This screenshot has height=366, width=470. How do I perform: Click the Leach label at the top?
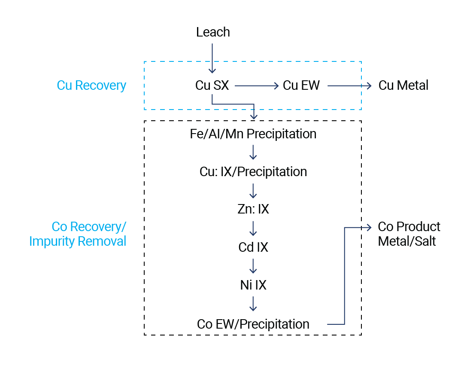point(213,32)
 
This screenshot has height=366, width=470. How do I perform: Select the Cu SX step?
point(212,85)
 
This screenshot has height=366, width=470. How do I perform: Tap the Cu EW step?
point(301,85)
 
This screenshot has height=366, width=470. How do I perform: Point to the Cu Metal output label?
point(403,85)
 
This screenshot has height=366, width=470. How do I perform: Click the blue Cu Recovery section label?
point(91,85)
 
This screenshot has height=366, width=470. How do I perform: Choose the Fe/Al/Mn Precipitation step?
point(253,134)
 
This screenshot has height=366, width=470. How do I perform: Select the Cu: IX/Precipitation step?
point(253,172)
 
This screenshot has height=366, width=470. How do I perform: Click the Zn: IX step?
point(253,210)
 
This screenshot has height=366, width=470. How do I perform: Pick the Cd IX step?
point(253,247)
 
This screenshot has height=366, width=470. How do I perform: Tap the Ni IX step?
point(253,285)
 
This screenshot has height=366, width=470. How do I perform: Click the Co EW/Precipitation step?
point(253,324)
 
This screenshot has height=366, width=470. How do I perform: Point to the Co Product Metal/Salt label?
point(409,234)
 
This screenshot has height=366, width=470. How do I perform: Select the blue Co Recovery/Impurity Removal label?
point(78,234)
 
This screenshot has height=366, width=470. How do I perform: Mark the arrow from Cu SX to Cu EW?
point(256,85)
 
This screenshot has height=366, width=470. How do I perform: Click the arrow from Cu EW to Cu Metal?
point(349,85)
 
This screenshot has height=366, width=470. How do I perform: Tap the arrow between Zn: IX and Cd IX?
point(253,228)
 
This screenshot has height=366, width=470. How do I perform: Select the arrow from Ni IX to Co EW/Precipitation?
point(253,304)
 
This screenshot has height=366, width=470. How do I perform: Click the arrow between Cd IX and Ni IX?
point(253,266)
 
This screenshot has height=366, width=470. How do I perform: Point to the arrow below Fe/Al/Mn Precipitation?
point(253,152)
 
